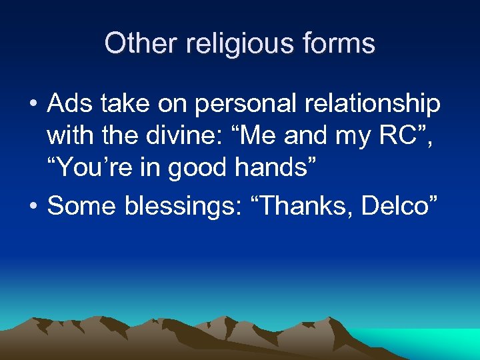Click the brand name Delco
(x=397, y=207)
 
